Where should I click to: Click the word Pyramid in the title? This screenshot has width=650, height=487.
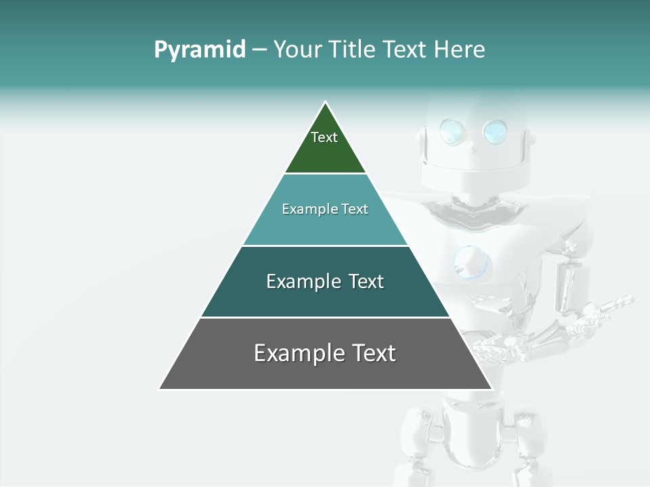[199, 49]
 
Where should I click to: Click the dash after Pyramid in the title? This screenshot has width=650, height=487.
[259, 50]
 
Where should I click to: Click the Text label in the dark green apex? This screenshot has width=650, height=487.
[324, 137]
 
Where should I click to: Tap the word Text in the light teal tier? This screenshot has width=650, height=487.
[355, 209]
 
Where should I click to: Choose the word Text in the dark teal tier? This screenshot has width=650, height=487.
[366, 281]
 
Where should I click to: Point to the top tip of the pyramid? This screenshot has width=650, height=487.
[326, 103]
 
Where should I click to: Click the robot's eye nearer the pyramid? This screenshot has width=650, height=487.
[451, 131]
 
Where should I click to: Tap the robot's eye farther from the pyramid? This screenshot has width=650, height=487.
[495, 131]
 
